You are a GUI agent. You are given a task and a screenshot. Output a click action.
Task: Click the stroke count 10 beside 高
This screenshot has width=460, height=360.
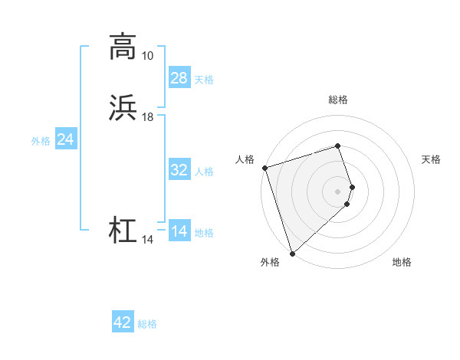pos(147,56)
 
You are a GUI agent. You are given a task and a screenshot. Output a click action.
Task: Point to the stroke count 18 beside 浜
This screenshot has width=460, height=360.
pos(147,117)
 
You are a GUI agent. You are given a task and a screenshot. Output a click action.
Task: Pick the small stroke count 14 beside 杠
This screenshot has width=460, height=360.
pos(147,240)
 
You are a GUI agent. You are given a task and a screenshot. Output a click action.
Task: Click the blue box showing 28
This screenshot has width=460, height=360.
pos(179,78)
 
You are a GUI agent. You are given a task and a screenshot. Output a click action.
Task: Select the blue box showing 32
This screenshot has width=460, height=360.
pos(179,170)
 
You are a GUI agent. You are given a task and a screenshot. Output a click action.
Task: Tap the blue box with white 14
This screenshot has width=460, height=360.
pos(179,231)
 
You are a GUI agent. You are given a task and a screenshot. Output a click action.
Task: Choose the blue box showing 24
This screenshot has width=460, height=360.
pos(65,139)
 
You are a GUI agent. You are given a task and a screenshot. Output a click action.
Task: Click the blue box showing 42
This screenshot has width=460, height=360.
pos(122,322)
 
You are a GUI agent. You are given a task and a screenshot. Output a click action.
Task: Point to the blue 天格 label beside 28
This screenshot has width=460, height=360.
pos(204,80)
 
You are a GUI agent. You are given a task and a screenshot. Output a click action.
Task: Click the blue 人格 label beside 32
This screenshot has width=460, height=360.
pos(204,172)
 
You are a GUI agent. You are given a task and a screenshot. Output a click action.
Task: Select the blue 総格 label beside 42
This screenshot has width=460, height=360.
pos(147,324)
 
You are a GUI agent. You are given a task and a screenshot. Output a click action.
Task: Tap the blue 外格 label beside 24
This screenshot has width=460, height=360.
pos(41,141)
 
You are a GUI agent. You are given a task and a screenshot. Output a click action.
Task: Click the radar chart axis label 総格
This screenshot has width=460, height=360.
pos(338,100)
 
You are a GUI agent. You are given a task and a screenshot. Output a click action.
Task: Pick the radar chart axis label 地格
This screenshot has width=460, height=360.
pos(402,262)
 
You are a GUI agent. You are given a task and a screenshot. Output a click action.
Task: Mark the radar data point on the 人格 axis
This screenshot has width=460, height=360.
pos(264,167)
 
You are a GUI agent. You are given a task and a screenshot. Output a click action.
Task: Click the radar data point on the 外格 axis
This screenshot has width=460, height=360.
pos(292,253)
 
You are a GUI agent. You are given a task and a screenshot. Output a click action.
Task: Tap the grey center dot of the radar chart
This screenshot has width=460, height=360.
pos(338,191)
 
